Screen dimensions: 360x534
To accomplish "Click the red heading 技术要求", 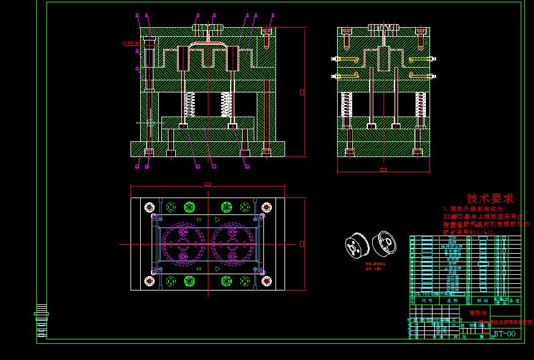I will pos(490,198).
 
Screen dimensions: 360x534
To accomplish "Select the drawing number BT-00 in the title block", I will pos(505,333).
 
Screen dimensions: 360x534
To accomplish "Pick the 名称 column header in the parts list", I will pos(452,300).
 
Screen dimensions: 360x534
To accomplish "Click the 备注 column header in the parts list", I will pos(514,300).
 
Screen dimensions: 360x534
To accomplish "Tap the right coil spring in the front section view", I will pos(227,104).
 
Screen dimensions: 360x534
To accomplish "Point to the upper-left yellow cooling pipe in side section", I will pos(346,59).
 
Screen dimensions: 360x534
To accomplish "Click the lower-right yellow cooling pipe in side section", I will pos(420,76).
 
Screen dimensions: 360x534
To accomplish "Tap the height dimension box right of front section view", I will pos(302,92).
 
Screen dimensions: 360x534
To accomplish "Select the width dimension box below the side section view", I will pos(383,170).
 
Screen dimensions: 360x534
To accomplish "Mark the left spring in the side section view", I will pos(347,104).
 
